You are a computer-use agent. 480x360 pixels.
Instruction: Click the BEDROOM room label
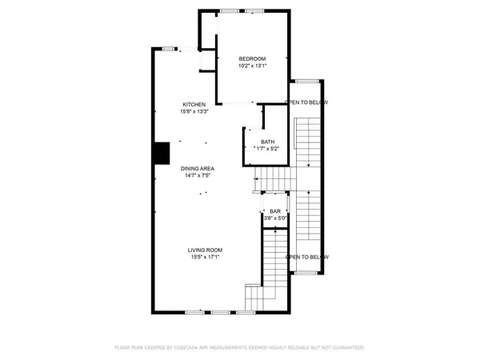tap(252, 58)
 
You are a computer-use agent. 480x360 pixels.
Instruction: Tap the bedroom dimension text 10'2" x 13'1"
tap(252, 66)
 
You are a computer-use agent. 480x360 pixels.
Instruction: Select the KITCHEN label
tap(194, 105)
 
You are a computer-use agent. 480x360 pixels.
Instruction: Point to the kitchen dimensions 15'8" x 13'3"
tap(194, 112)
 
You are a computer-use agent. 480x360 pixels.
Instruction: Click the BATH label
tap(266, 142)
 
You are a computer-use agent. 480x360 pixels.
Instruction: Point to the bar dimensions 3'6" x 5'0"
tap(276, 218)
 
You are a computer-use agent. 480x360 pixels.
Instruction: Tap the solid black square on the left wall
tap(162, 152)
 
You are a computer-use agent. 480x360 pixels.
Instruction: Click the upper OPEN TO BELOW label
tap(306, 102)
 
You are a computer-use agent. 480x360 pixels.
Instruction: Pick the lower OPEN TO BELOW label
tap(306, 257)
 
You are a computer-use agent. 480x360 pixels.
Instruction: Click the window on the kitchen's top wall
tap(169, 48)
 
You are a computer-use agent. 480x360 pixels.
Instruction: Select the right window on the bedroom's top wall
tap(255, 10)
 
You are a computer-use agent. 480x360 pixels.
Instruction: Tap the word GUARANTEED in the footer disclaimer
tap(344, 348)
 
